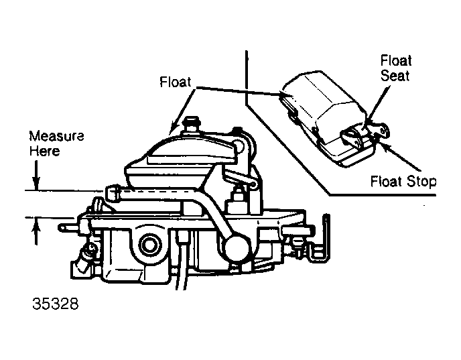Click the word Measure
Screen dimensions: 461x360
pyautogui.click(x=56, y=136)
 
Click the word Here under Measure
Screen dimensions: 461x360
pyautogui.click(x=44, y=152)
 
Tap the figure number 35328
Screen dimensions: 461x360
pyautogui.click(x=56, y=304)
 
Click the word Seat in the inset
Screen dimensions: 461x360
pyautogui.click(x=395, y=75)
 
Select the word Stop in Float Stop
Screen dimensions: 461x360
pyautogui.click(x=421, y=182)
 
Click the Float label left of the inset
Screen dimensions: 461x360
pyautogui.click(x=176, y=82)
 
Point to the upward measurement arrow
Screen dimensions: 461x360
pyautogui.click(x=36, y=231)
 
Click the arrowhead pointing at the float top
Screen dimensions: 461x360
pyautogui.click(x=174, y=129)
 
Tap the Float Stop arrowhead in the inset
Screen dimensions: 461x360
pyautogui.click(x=383, y=144)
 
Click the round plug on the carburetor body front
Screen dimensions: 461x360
pyautogui.click(x=150, y=245)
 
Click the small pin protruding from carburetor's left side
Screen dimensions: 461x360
pyautogui.click(x=67, y=227)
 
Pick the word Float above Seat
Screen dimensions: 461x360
pyautogui.click(x=396, y=60)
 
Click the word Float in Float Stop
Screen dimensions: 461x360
pyautogui.click(x=386, y=181)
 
